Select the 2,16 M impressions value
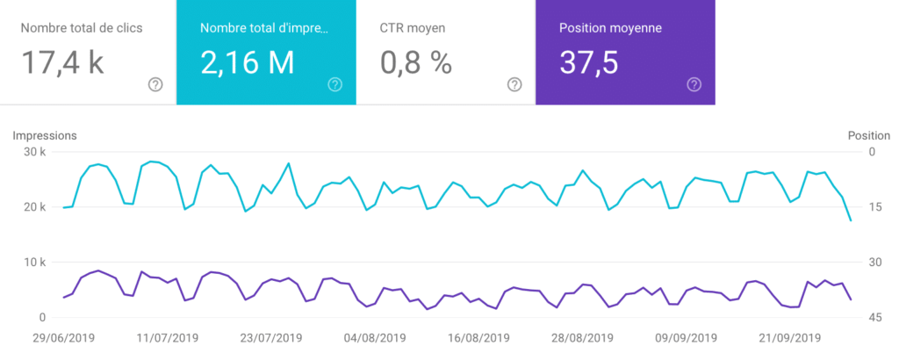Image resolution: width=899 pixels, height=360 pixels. (x=247, y=62)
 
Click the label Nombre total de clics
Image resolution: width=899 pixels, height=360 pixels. (x=82, y=27)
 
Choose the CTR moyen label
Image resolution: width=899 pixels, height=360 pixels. (x=413, y=27)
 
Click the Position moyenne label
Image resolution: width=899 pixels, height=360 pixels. (x=610, y=27)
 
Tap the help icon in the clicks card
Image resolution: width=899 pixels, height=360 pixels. (x=155, y=84)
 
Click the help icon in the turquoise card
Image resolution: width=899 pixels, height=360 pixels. (x=334, y=84)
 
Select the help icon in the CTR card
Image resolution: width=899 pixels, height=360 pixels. (x=514, y=84)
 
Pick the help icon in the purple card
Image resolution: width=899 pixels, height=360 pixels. (x=694, y=84)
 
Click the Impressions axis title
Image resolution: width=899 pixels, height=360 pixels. (x=44, y=135)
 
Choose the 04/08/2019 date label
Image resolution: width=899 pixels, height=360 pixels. (x=375, y=338)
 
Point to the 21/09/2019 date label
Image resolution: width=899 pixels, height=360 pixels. (x=790, y=338)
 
